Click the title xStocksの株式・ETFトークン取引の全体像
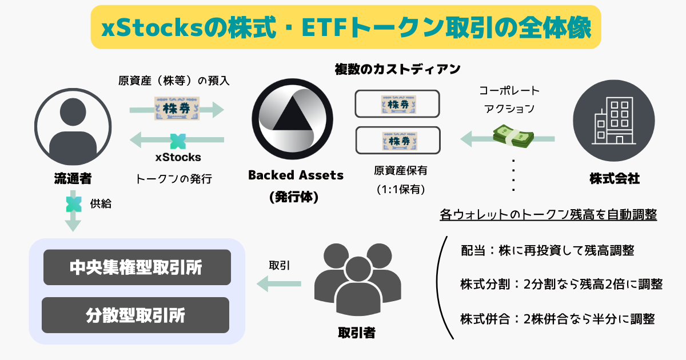tap(346, 27)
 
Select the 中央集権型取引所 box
tap(137, 267)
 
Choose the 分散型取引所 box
tap(135, 315)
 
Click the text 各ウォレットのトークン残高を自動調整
tap(548, 215)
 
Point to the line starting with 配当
tap(547, 250)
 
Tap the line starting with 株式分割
tap(561, 284)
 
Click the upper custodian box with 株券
tap(397, 105)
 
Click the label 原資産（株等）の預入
tap(173, 81)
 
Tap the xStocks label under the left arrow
tap(178, 157)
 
